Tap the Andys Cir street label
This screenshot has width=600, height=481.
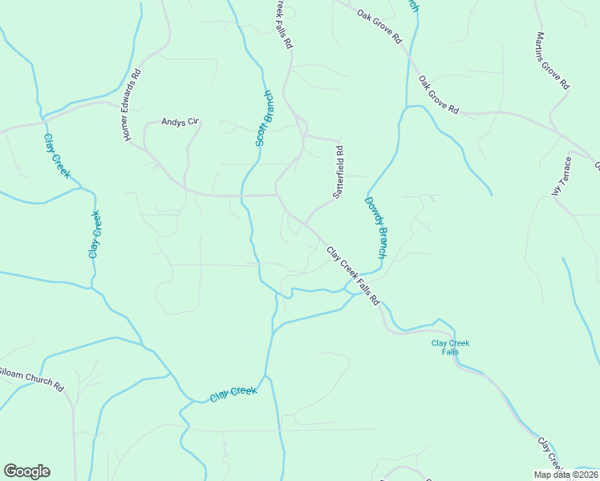(x=179, y=122)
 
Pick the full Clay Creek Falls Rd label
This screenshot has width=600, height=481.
(x=352, y=276)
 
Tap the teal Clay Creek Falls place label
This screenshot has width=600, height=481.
(x=450, y=347)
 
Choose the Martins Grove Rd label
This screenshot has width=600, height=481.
(x=553, y=61)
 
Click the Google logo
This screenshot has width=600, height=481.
(x=26, y=471)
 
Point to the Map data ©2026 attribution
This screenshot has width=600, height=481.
(x=566, y=475)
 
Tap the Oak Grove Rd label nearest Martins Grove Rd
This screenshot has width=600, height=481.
(x=438, y=95)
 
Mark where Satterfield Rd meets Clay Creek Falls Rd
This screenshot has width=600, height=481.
(x=304, y=224)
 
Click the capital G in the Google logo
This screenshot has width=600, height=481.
(x=10, y=471)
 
